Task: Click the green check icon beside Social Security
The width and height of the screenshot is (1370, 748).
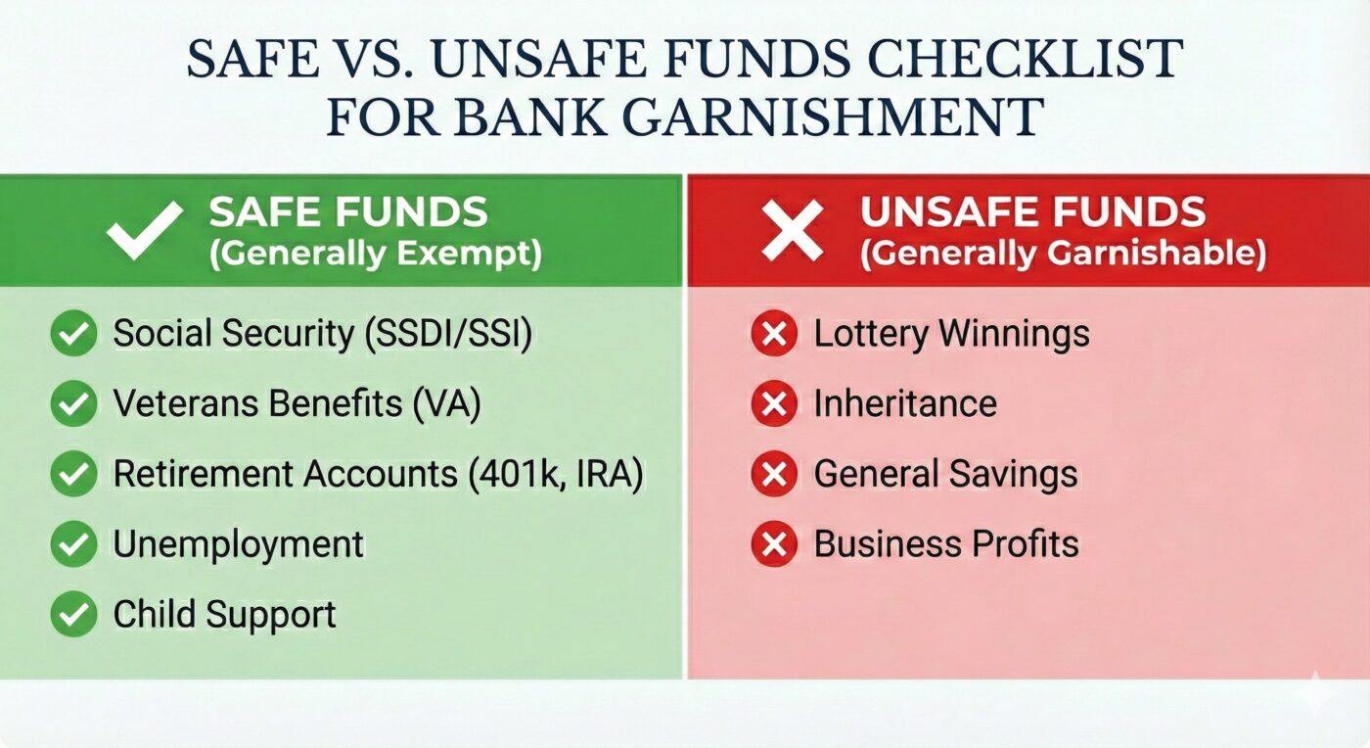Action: click(73, 334)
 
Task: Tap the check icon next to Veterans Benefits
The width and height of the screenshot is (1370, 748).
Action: click(73, 404)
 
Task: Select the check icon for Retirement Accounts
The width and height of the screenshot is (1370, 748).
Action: click(73, 475)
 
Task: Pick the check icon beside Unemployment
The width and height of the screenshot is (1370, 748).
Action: click(73, 544)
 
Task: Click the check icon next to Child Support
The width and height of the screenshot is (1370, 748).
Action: click(73, 615)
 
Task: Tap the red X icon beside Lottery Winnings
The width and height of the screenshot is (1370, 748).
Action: click(774, 335)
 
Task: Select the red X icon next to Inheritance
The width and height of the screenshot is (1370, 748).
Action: click(774, 404)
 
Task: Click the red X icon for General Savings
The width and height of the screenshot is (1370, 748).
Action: click(774, 475)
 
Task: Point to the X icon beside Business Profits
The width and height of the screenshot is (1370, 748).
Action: click(774, 544)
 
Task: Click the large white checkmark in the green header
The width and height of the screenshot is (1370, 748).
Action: click(145, 231)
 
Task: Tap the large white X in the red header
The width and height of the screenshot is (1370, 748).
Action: click(794, 231)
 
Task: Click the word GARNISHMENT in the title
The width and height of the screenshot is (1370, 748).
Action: click(831, 117)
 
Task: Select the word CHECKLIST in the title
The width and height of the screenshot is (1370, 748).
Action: click(1029, 61)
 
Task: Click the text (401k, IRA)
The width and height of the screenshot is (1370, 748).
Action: click(554, 475)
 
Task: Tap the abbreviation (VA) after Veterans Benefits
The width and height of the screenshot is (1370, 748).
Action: click(446, 404)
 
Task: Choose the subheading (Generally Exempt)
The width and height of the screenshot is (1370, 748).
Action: click(375, 254)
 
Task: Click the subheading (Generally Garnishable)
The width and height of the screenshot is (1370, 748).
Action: click(1063, 254)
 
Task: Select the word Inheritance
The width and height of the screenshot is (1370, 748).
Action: click(905, 404)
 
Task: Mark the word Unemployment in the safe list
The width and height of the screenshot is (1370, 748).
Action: click(239, 544)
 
